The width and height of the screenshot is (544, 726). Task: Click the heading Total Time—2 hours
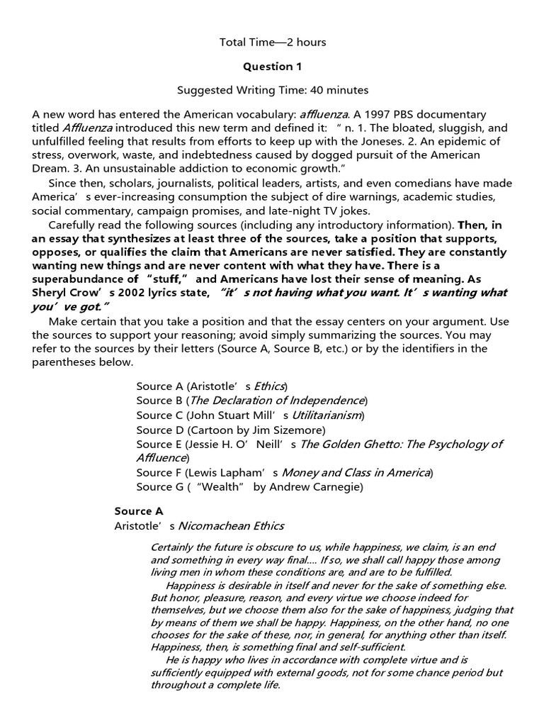[x=273, y=43]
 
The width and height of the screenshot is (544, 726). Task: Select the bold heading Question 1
[x=273, y=67]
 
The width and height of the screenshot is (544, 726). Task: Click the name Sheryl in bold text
[x=50, y=292]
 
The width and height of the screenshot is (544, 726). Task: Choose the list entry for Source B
[x=251, y=400]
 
